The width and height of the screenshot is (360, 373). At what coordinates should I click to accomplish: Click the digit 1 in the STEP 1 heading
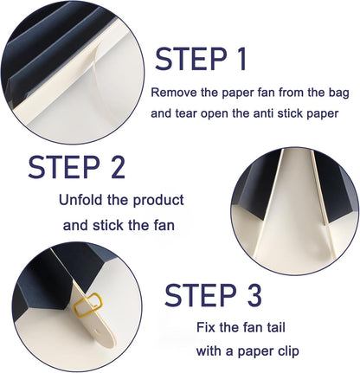pyautogui.click(x=241, y=59)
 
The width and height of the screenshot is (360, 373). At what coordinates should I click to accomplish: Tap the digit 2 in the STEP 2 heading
pyautogui.click(x=116, y=166)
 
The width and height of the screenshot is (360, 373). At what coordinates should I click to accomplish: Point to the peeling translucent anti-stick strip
pyautogui.click(x=96, y=75)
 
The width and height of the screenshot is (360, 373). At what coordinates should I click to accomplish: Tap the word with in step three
pyautogui.click(x=208, y=351)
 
